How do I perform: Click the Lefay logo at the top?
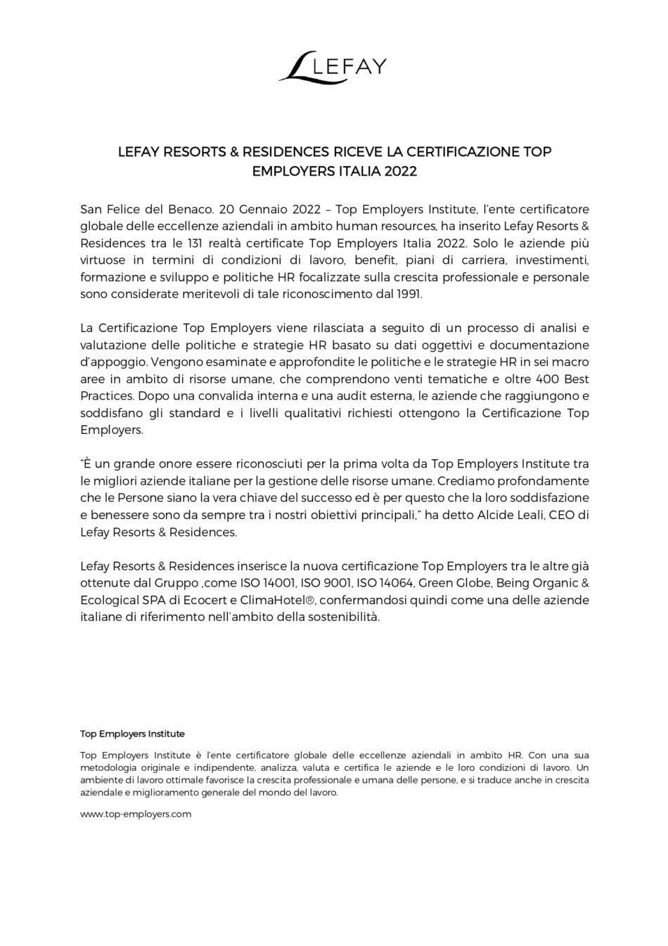(333, 67)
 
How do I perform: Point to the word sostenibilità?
(344, 617)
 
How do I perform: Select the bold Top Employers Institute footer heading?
(132, 734)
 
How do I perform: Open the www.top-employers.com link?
(136, 814)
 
